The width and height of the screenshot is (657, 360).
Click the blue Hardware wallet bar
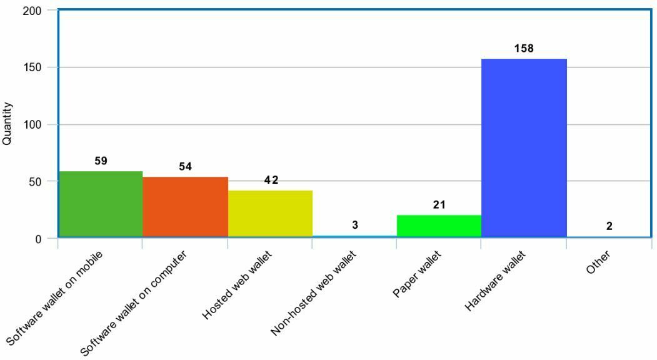click(x=524, y=148)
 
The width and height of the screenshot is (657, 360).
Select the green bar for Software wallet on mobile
click(x=100, y=204)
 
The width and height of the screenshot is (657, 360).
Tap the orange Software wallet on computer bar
click(x=185, y=207)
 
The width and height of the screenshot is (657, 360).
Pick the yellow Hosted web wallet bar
click(x=270, y=214)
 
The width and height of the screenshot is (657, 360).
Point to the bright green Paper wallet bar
click(x=439, y=226)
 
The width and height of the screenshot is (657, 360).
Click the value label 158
click(x=524, y=48)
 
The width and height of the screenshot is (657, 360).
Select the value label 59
click(x=101, y=161)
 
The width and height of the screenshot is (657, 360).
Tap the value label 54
click(x=185, y=166)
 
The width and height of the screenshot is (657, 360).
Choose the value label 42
click(x=271, y=180)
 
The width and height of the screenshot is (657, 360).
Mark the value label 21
click(x=439, y=204)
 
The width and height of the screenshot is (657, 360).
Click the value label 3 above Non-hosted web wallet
click(x=355, y=225)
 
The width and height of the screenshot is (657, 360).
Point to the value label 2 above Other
click(x=609, y=226)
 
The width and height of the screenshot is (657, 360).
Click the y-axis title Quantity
click(x=8, y=124)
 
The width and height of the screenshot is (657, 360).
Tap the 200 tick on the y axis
click(x=33, y=11)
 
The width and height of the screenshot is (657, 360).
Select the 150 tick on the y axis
click(x=33, y=67)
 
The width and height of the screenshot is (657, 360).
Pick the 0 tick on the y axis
click(x=39, y=239)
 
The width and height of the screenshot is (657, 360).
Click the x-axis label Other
click(x=598, y=263)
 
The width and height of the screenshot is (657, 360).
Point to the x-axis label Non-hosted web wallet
click(x=314, y=293)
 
